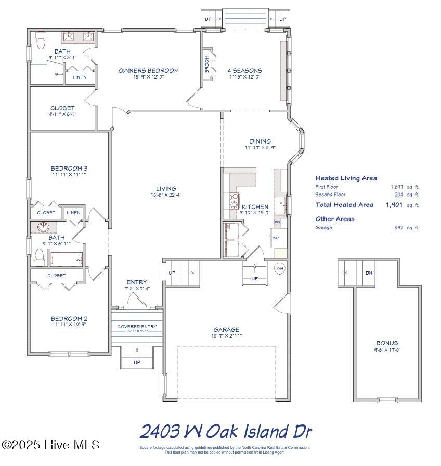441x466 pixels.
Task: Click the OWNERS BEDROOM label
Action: click(x=148, y=71)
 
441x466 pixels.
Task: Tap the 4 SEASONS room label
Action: click(x=244, y=71)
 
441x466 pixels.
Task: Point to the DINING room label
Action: click(x=260, y=141)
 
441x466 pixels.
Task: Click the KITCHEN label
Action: click(x=255, y=207)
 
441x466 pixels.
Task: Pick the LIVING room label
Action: click(x=166, y=189)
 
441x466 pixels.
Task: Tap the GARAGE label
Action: click(x=227, y=329)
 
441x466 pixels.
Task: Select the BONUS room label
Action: click(x=387, y=343)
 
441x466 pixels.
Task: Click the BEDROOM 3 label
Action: click(x=69, y=169)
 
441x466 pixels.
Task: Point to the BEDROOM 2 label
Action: click(x=69, y=319)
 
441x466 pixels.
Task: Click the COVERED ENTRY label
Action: click(x=137, y=327)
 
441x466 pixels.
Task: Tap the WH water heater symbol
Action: click(x=279, y=268)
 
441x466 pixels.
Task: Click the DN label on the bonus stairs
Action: click(x=369, y=273)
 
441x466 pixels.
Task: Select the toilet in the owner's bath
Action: click(x=40, y=40)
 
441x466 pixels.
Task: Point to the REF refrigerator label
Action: click(x=276, y=237)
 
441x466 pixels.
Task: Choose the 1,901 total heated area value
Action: click(x=395, y=205)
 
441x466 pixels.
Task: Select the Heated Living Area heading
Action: click(x=346, y=178)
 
